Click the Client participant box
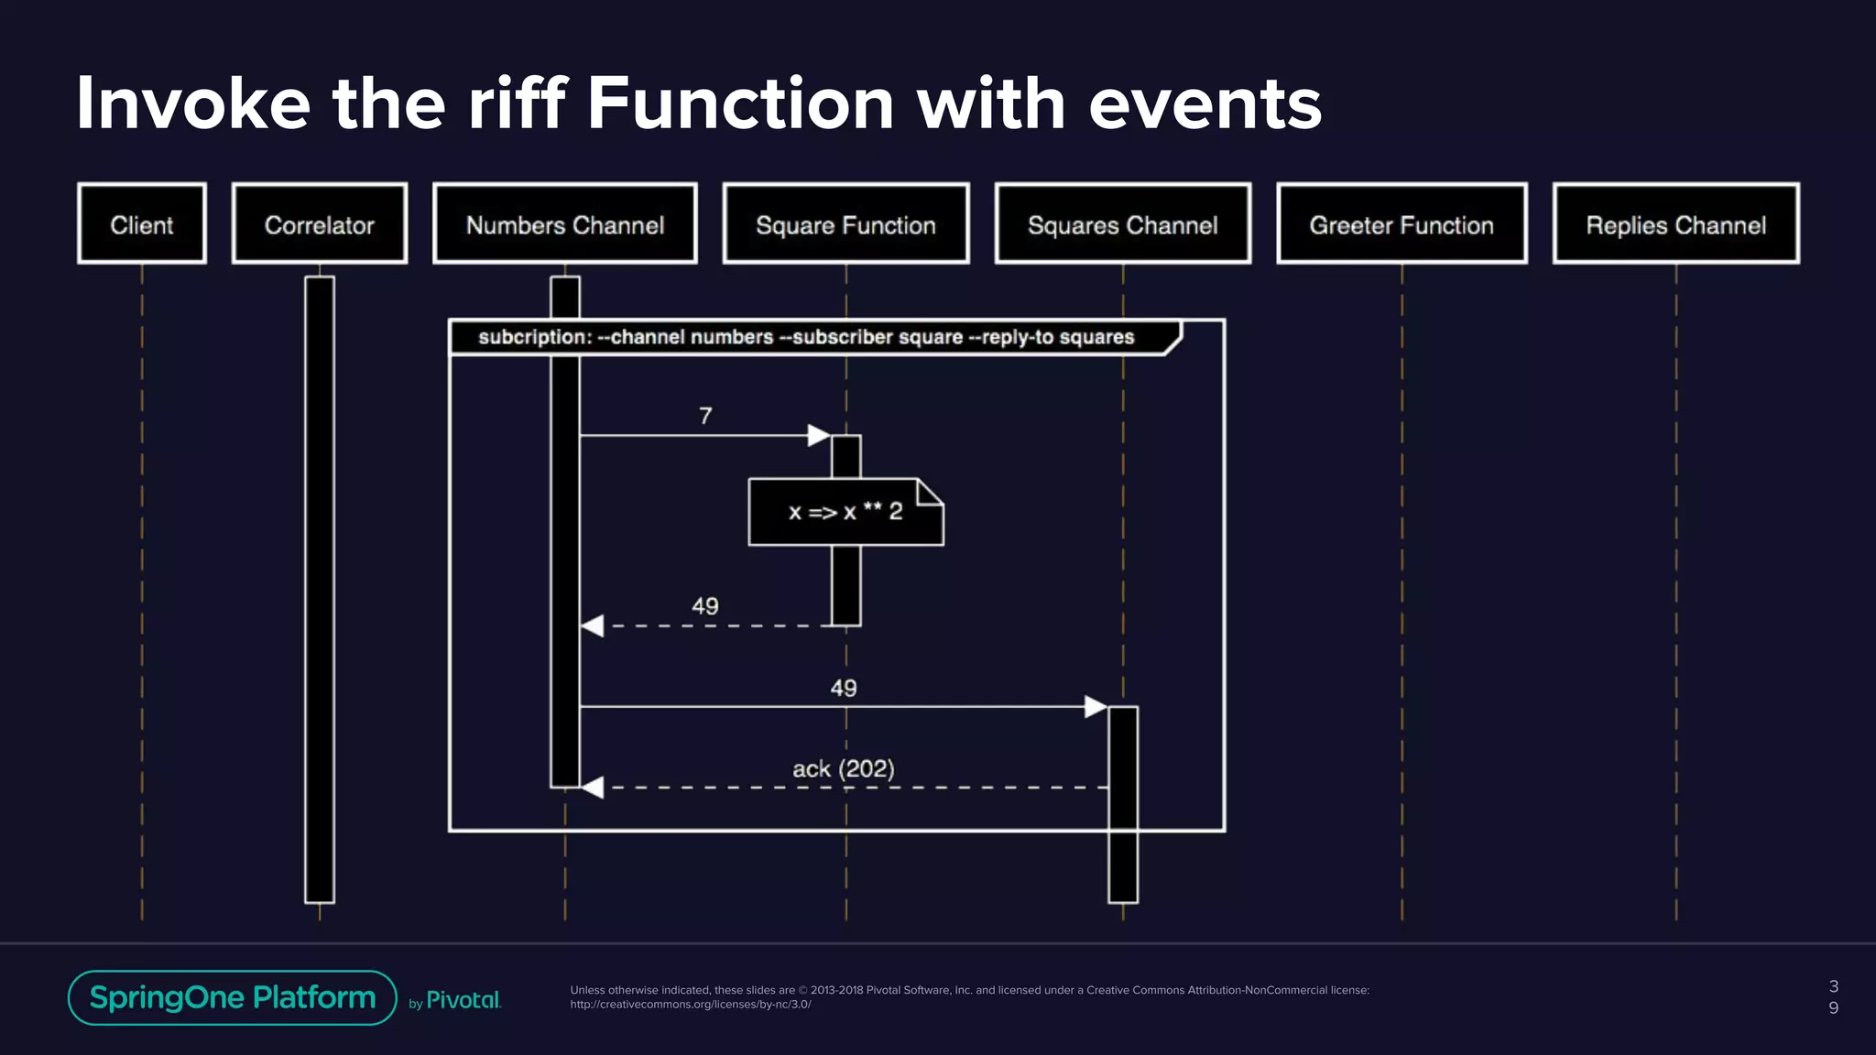tap(142, 224)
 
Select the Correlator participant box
tap(320, 224)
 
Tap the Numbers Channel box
tap(565, 224)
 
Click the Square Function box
tap(845, 224)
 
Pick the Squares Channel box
tap(1123, 224)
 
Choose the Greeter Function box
tap(1402, 224)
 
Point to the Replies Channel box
tap(1676, 224)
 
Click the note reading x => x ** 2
tap(845, 512)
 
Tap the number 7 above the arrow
tap(705, 417)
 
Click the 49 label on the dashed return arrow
tap(704, 606)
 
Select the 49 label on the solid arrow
tap(843, 689)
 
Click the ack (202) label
tap(843, 769)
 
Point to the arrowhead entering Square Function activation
tap(819, 436)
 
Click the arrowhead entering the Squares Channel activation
tap(1096, 707)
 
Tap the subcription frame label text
tap(806, 337)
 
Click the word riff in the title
tap(517, 103)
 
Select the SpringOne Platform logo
tap(233, 997)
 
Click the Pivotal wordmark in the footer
tap(464, 1000)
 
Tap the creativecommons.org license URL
tap(691, 1005)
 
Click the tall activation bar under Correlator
tap(320, 586)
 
